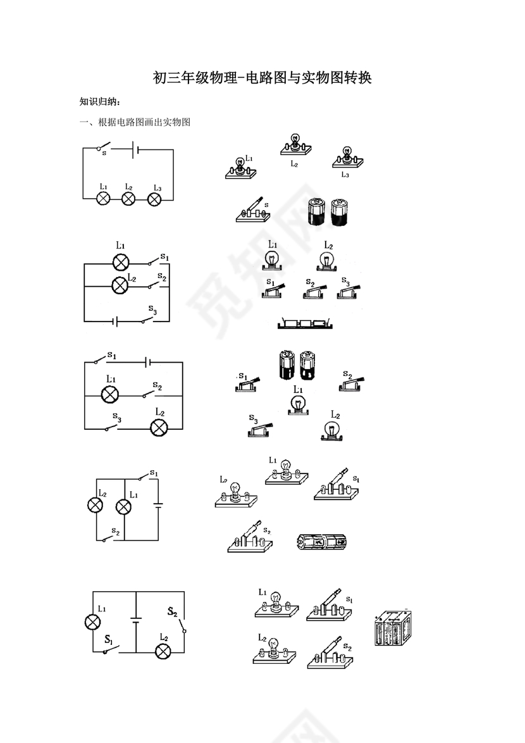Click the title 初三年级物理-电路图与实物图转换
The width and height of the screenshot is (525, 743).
pos(262,78)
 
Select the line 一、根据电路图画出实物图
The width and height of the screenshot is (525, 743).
pos(135,122)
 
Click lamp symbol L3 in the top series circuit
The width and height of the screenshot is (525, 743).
pos(155,199)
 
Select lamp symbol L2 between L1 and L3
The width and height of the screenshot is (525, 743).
pos(128,199)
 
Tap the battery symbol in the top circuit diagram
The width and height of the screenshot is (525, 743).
pos(135,150)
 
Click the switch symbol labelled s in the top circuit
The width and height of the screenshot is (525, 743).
pos(104,147)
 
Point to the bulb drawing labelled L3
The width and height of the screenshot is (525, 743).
pos(348,158)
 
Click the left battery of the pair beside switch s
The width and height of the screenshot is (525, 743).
pos(316,211)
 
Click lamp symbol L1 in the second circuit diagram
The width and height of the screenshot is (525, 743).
pos(120,261)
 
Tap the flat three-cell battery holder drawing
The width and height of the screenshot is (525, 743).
pos(306,323)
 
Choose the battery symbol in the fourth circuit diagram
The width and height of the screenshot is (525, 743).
pos(158,505)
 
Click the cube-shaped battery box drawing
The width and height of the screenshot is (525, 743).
pos(393,628)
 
